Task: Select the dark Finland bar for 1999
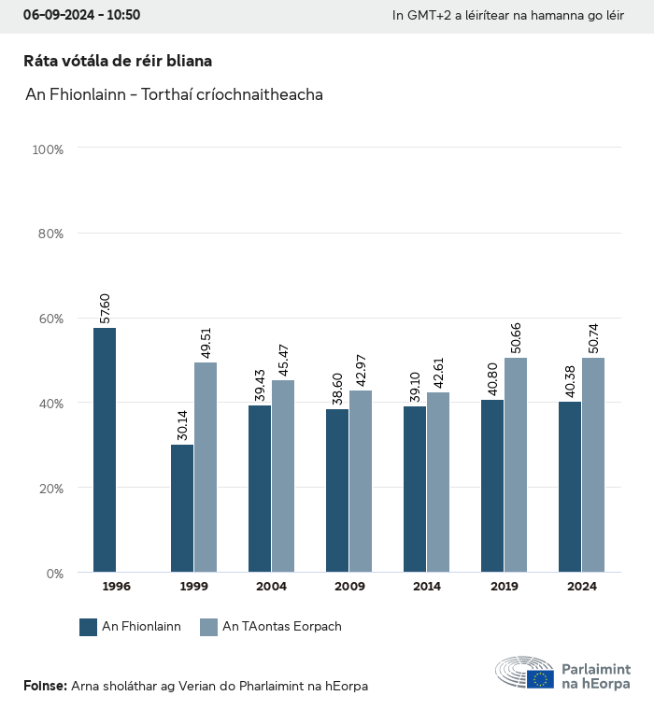point(182,508)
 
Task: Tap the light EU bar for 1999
point(206,467)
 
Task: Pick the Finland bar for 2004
point(260,489)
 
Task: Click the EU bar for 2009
point(361,481)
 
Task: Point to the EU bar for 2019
point(516,465)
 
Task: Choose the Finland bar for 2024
point(570,487)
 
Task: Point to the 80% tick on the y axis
point(48,234)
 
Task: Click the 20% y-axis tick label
point(48,488)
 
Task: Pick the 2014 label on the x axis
point(427,587)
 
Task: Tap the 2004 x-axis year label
point(272,587)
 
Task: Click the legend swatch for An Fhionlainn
point(89,627)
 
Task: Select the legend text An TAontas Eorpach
point(282,627)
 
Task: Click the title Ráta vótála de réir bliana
point(118,61)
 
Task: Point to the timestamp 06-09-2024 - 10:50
point(82,16)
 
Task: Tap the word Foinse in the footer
point(44,687)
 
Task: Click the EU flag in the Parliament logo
point(540,679)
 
